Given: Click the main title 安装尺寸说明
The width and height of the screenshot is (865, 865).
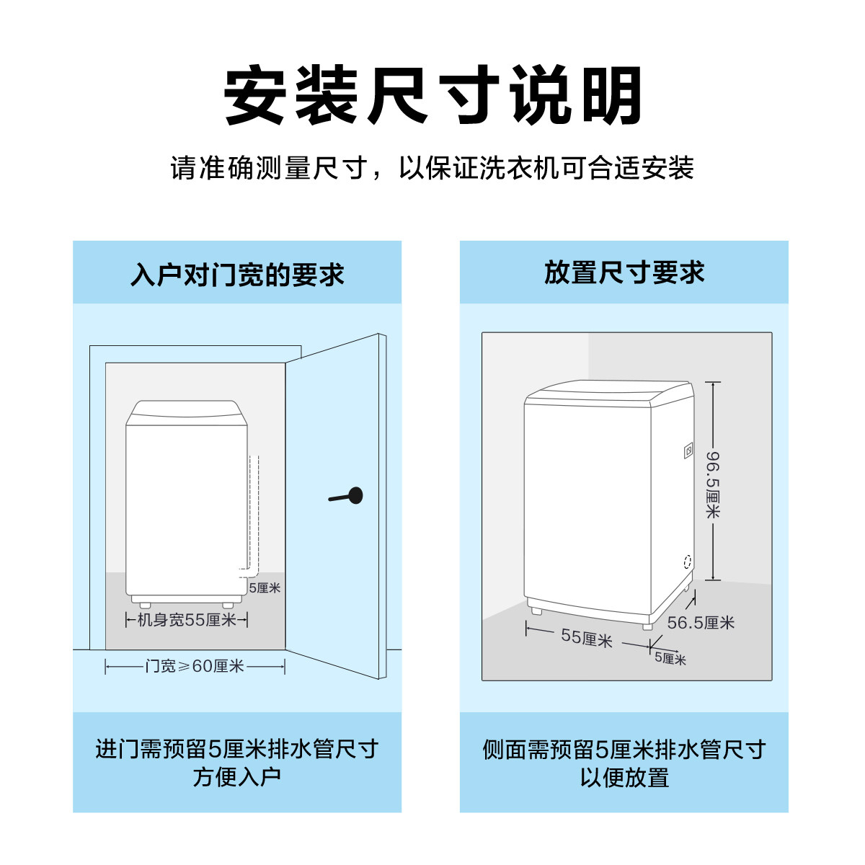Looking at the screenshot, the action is coord(432,96).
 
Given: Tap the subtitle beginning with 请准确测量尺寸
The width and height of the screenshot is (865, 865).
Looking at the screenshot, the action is coord(432,168).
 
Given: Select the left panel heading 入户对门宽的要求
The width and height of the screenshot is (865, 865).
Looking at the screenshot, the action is coord(237,275).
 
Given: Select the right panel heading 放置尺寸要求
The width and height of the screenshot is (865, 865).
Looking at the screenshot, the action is coord(624,273).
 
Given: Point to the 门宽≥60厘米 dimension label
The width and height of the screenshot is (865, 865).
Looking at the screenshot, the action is coord(195,667).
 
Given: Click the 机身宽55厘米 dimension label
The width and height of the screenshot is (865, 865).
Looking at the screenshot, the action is coord(187,620).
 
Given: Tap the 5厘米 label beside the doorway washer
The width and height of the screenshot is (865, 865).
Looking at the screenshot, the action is coord(265,588).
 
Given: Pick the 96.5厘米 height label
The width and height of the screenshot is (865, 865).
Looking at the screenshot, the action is coord(712,484).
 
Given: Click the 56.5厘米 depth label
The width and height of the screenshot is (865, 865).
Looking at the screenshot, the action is coord(700,623).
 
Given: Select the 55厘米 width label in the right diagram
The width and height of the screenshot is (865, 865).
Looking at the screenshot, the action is coord(586,638).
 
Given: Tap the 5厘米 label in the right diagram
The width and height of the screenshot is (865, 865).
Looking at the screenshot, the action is coord(670,659).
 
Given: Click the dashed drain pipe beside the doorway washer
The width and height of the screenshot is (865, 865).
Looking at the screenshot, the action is coord(254,512).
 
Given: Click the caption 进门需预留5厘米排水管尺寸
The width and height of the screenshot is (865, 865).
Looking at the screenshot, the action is coord(237,749).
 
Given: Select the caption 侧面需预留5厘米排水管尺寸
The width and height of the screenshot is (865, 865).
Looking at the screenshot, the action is coord(624,750).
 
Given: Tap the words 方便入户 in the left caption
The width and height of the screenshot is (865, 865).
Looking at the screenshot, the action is coord(237,778).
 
